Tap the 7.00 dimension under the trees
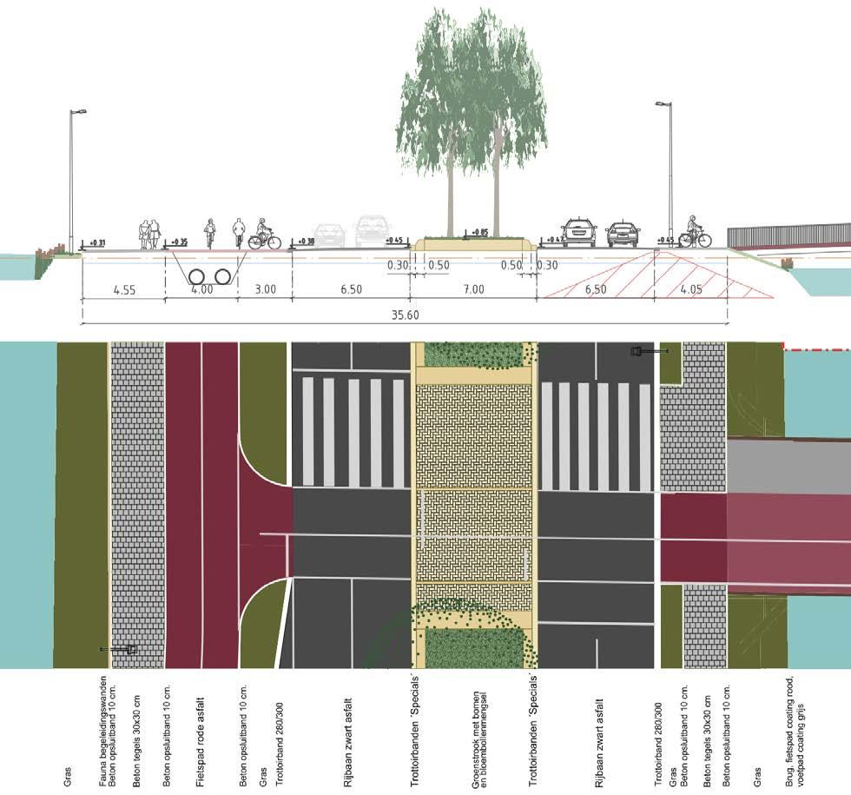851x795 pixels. click(x=472, y=289)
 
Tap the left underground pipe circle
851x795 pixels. click(x=199, y=276)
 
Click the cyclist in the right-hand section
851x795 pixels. click(x=694, y=232)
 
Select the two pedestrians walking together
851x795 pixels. click(x=149, y=234)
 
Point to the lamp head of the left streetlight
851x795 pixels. click(x=80, y=111)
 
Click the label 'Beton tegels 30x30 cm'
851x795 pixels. click(x=137, y=730)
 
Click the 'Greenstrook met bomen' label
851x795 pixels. click(x=476, y=730)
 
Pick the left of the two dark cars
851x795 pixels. click(x=579, y=232)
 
